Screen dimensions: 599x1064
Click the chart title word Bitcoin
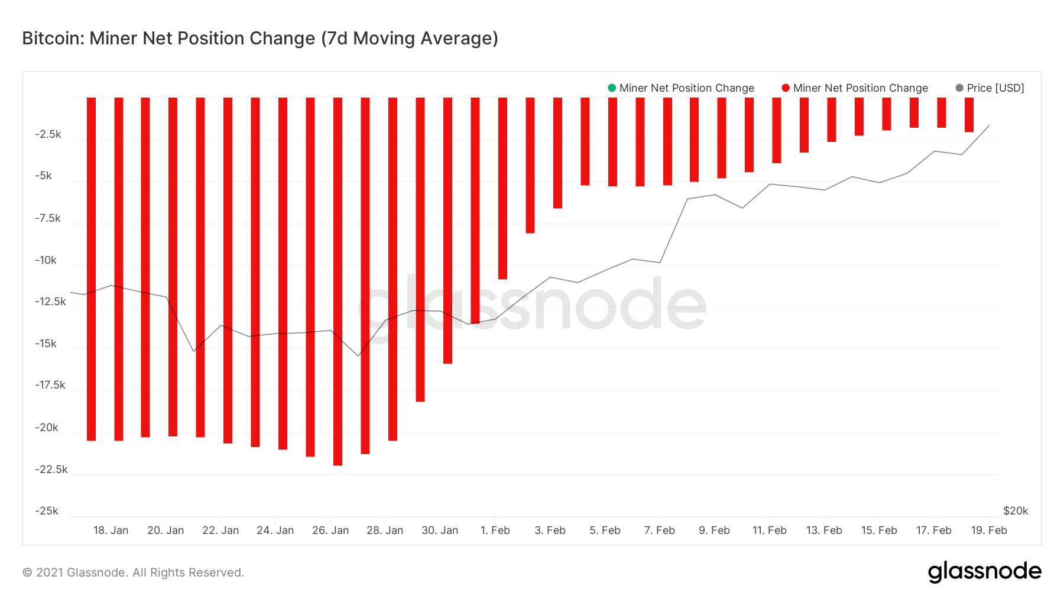(53, 38)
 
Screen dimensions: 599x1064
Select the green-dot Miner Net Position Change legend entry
(681, 88)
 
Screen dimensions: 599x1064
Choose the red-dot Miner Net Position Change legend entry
(855, 88)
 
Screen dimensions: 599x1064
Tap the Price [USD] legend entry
(990, 88)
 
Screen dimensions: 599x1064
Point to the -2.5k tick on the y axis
(48, 134)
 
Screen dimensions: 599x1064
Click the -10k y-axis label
(46, 260)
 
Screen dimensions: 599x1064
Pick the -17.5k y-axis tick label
(50, 385)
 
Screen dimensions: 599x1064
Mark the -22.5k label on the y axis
(51, 470)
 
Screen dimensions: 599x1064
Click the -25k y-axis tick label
(47, 511)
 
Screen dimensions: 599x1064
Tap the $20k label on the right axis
(1016, 511)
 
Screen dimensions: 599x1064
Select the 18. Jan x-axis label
(111, 530)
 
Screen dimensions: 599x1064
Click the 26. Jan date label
(330, 530)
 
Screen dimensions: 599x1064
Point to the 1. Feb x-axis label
(495, 530)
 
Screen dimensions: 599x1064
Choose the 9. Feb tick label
(714, 530)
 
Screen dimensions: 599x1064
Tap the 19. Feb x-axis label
(989, 530)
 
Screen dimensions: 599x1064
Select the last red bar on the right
(969, 115)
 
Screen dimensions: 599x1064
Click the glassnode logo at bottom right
(984, 572)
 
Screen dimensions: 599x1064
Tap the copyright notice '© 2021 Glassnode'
(133, 572)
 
